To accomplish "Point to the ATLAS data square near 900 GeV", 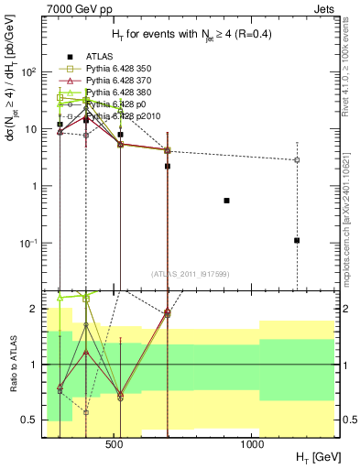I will pyautogui.click(x=227, y=200).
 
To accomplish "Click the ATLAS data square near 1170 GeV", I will pyautogui.click(x=297, y=240).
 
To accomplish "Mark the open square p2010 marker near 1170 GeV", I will pyautogui.click(x=297, y=160).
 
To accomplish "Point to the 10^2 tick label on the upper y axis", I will pyautogui.click(x=30, y=72).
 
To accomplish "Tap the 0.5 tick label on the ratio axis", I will pyautogui.click(x=30, y=420).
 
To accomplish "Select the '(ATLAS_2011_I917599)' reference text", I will pyautogui.click(x=190, y=275).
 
